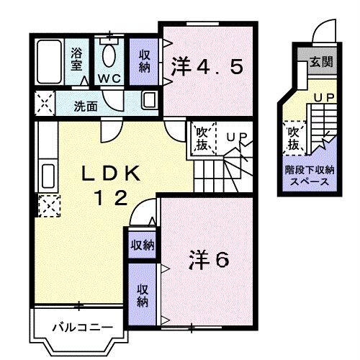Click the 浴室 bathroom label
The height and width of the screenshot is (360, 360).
(76, 58)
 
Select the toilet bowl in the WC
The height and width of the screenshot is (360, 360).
(109, 54)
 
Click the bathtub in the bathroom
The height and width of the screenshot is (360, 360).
(50, 62)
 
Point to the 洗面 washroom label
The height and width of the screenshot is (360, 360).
(86, 106)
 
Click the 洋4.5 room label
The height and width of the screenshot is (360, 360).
(207, 68)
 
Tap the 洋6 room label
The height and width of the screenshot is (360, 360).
(209, 258)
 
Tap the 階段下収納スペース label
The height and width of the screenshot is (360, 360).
(311, 176)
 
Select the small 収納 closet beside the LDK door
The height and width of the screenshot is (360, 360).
(142, 246)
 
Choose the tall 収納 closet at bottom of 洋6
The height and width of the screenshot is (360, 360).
(143, 295)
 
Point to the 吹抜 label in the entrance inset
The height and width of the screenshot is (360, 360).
(294, 138)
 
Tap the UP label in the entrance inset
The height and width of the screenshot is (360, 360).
(322, 95)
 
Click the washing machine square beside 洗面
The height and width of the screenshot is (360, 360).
(44, 104)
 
